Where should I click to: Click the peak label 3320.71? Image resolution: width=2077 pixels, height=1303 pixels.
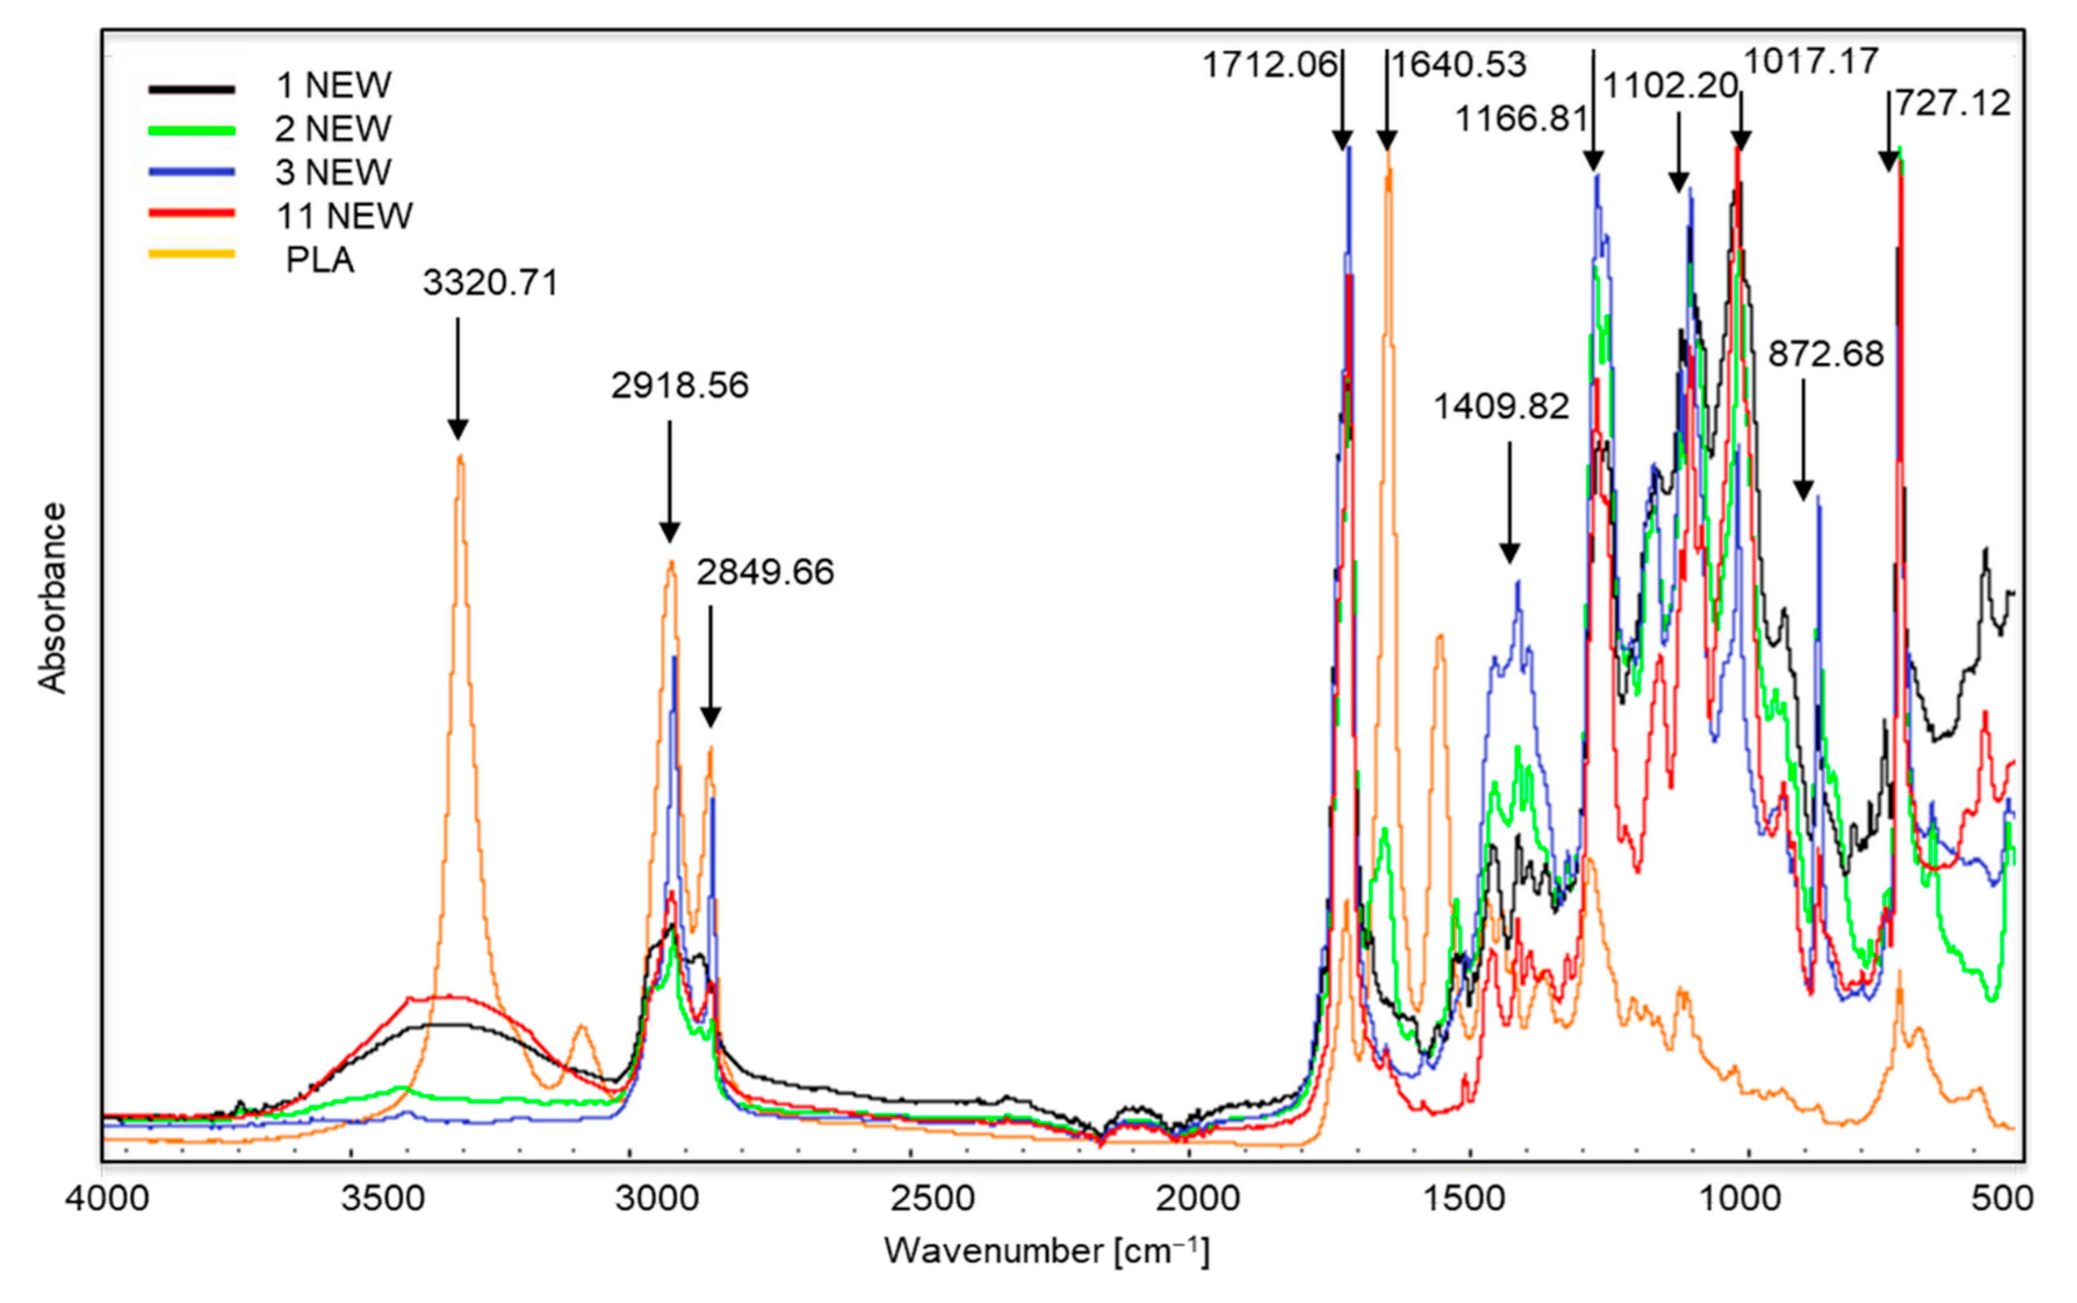tap(490, 283)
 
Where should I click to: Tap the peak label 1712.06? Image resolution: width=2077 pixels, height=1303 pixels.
tap(1269, 64)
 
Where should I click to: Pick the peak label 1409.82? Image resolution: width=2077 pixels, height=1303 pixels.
tap(1501, 406)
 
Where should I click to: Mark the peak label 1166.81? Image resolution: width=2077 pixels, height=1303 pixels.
tap(1521, 119)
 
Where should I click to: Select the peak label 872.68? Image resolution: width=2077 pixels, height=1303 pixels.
tap(1826, 354)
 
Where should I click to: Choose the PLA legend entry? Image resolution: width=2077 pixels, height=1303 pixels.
tap(320, 259)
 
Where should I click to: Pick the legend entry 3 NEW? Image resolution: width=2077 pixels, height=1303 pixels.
tap(333, 172)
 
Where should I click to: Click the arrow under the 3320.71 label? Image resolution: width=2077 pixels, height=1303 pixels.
tap(458, 379)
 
